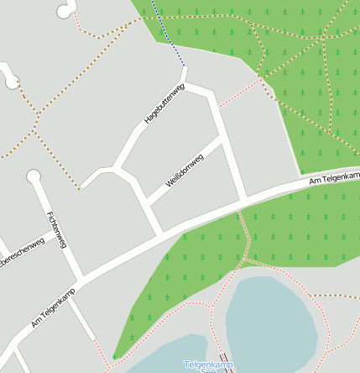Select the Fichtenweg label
57,229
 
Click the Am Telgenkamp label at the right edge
333,178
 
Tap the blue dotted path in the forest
170,34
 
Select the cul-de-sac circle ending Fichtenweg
34,176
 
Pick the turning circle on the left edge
11,81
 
